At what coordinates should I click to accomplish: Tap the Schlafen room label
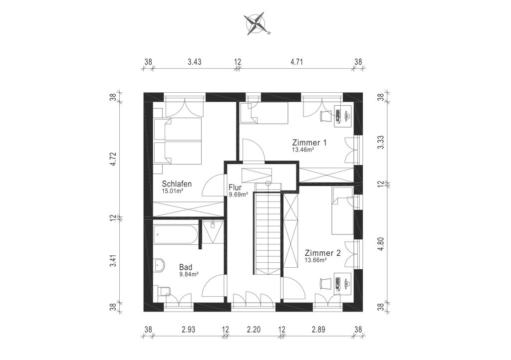pyautogui.click(x=177, y=184)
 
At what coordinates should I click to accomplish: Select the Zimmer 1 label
pyautogui.click(x=309, y=143)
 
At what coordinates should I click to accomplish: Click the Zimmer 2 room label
pyautogui.click(x=323, y=253)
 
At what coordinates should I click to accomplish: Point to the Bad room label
pyautogui.click(x=186, y=267)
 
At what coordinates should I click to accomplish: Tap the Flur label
pyautogui.click(x=235, y=187)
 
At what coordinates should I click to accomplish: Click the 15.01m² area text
pyautogui.click(x=172, y=191)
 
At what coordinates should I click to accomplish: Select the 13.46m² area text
pyautogui.click(x=303, y=150)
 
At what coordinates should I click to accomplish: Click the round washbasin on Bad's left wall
pyautogui.click(x=159, y=266)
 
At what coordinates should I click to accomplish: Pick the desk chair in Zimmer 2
pyautogui.click(x=325, y=283)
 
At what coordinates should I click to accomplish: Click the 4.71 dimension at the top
pyautogui.click(x=296, y=62)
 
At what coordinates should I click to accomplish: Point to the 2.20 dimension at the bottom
pyautogui.click(x=254, y=330)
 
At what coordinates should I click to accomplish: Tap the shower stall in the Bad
pyautogui.click(x=212, y=232)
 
